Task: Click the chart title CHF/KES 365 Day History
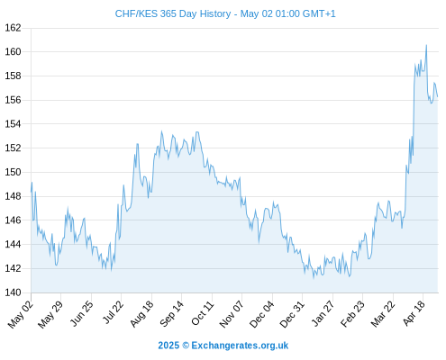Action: (173, 13)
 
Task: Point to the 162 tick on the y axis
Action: (13, 28)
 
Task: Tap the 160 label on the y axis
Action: (13, 52)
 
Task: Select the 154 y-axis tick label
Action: (13, 124)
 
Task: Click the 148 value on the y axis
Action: (13, 196)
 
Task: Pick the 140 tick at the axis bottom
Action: (13, 292)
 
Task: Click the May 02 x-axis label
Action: (21, 314)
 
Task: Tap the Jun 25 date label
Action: (81, 313)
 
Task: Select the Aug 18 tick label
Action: (141, 313)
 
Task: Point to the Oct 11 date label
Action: (203, 313)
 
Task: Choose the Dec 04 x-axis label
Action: (261, 314)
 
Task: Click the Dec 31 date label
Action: (292, 314)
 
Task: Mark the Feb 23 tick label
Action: (352, 313)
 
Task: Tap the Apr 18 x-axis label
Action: (414, 313)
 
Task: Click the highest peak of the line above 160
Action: (426, 45)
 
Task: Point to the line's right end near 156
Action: (438, 96)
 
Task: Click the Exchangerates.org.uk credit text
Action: (240, 346)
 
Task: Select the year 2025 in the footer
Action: (168, 346)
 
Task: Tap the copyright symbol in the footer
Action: (186, 346)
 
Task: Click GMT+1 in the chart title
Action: (319, 13)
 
